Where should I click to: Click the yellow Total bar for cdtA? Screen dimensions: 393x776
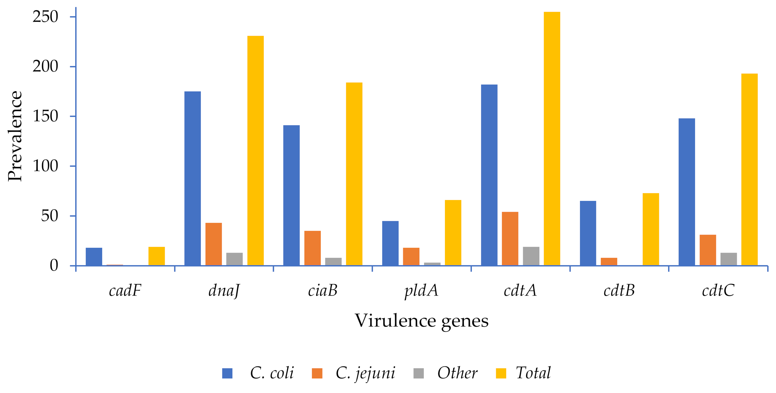552,138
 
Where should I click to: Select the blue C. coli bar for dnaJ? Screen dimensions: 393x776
193,178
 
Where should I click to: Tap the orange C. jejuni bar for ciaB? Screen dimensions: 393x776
312,248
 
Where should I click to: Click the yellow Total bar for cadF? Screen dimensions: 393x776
157,256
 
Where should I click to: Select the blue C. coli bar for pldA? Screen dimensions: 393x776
390,243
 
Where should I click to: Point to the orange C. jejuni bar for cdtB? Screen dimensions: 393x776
609,262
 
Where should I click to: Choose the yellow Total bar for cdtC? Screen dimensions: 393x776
749,169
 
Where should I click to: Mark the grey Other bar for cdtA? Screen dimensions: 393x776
531,256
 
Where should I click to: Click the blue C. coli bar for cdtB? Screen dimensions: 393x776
588,233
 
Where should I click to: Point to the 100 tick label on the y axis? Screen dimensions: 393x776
45,166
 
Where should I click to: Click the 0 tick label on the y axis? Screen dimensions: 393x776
54,266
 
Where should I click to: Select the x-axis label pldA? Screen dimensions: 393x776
421,291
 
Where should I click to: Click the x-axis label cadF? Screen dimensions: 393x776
125,291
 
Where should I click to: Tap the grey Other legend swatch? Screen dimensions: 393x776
419,373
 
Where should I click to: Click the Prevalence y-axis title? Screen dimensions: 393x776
15,136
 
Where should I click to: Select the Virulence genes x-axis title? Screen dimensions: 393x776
421,321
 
